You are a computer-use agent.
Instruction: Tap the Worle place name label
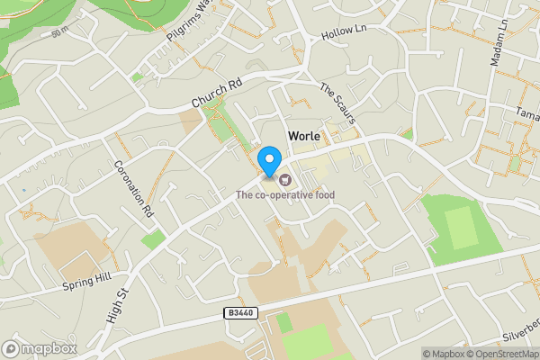(304, 136)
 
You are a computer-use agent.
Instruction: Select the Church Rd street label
(218, 93)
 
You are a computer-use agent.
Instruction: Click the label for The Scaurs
(339, 104)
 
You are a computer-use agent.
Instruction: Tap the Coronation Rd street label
(132, 190)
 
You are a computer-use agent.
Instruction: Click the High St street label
(119, 301)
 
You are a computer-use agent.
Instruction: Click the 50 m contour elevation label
(60, 33)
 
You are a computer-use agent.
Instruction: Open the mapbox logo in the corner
(40, 348)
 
